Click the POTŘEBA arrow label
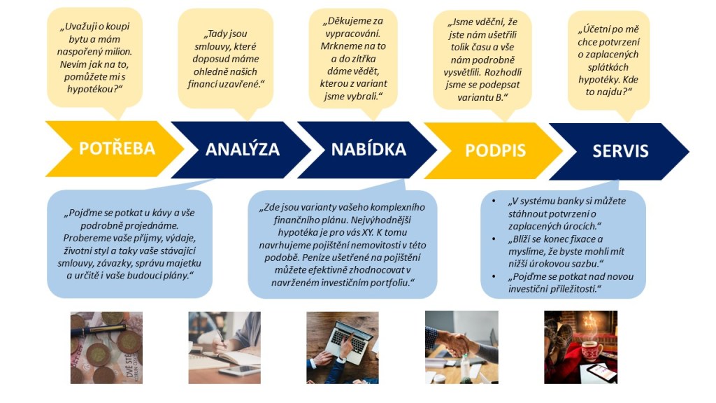tap(117, 148)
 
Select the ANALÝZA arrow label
tap(243, 149)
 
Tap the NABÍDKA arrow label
tap(368, 149)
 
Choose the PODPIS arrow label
tap(496, 150)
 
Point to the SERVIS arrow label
tap(621, 151)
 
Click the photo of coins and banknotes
tap(106, 348)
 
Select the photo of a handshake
tap(461, 347)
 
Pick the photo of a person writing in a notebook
tap(224, 348)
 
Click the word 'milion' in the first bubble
tap(120, 52)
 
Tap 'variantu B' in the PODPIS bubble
tap(482, 97)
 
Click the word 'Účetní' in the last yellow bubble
tap(593, 29)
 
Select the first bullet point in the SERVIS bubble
tap(494, 201)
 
